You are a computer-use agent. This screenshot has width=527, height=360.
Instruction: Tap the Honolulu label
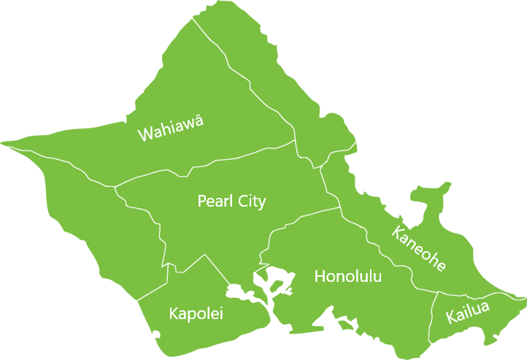(347, 277)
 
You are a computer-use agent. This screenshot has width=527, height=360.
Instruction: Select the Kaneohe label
(418, 249)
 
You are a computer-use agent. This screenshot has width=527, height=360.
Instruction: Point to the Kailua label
(467, 312)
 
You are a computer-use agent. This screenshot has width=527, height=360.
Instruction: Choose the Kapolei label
(196, 314)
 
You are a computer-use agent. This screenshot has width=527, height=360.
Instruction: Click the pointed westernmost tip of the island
(4, 143)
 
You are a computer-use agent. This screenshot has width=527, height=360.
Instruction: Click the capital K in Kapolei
(174, 314)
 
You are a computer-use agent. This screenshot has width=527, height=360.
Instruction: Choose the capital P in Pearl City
(202, 202)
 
